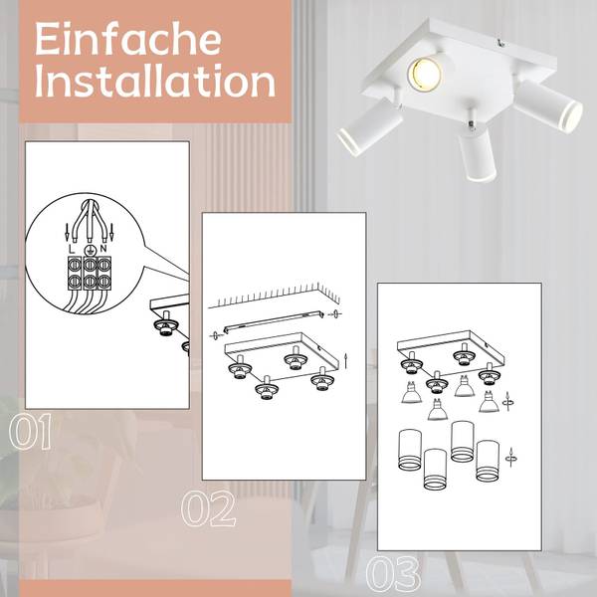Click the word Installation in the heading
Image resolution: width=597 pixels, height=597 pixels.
[x=154, y=82]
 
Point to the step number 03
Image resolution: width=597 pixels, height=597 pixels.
[x=393, y=574]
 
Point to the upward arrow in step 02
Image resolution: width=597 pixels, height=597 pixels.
[x=345, y=358]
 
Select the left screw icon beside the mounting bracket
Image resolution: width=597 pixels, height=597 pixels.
[x=214, y=335]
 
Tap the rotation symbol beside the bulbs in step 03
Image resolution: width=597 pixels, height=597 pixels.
[x=510, y=401]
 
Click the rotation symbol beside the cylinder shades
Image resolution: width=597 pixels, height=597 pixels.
[x=511, y=455]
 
